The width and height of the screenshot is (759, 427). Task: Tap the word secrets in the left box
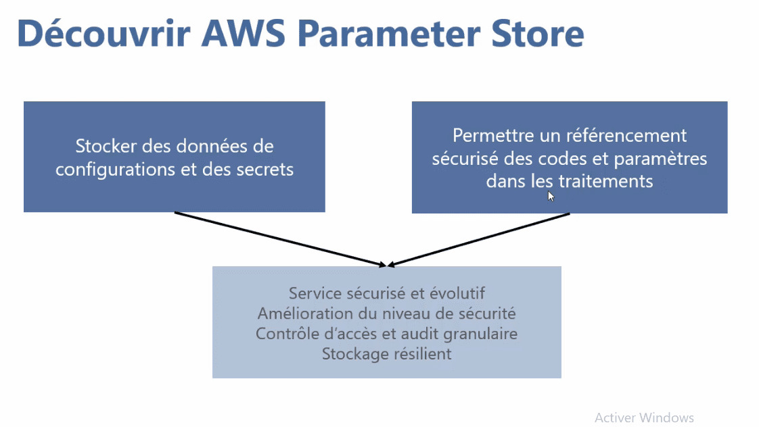[x=265, y=169]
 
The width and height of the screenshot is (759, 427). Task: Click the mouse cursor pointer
[x=551, y=196]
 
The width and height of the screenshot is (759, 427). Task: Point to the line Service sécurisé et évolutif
[x=386, y=293]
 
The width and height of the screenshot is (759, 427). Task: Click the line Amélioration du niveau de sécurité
[x=386, y=313]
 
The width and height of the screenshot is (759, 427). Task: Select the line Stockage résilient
[x=386, y=353]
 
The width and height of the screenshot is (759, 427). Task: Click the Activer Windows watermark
[x=644, y=418]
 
